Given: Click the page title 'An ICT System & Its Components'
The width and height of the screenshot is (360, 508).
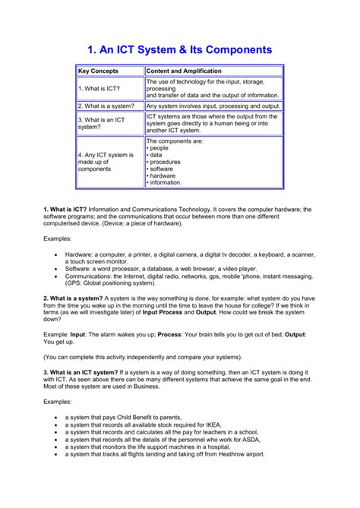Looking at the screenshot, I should pyautogui.click(x=179, y=49).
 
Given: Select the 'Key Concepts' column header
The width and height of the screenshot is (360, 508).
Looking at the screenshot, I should pyautogui.click(x=99, y=71).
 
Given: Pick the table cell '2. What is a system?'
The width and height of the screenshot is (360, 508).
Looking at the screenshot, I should pyautogui.click(x=107, y=106).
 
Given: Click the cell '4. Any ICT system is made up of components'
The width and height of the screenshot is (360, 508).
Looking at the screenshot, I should pyautogui.click(x=106, y=162).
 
